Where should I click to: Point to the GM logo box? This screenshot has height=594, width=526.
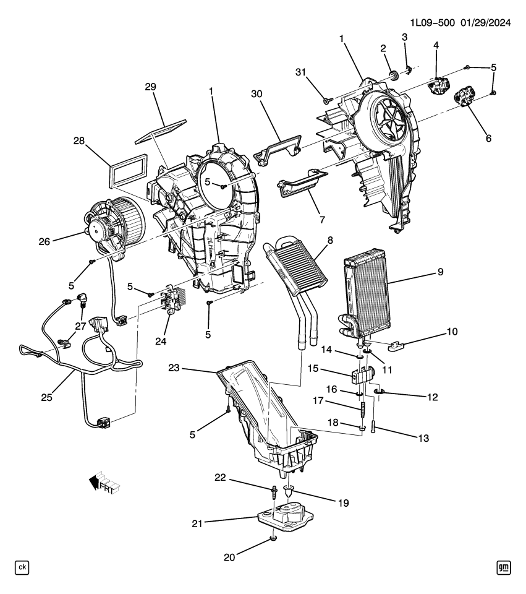pos(504,567)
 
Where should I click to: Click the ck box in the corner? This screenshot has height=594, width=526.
pos(22,567)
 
